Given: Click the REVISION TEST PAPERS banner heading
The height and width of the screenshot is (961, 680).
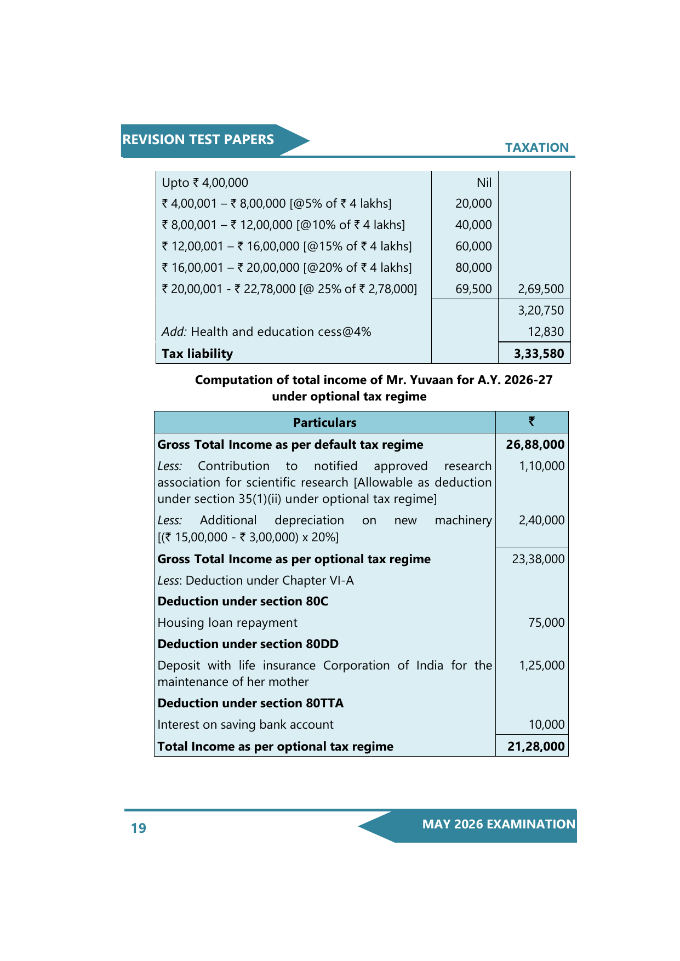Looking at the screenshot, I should [198, 140].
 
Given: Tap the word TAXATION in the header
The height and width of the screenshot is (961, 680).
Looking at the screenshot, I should [536, 147].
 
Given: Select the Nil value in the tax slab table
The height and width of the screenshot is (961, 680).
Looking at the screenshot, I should [484, 182].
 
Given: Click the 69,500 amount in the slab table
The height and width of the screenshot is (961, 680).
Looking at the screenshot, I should [473, 289].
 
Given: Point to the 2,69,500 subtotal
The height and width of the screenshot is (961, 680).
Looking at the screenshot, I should [540, 289].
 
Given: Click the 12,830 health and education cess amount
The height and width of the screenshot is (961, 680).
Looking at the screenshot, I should [545, 331].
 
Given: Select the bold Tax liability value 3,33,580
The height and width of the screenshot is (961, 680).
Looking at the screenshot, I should [539, 353].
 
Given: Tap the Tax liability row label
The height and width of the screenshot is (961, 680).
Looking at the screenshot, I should [197, 353].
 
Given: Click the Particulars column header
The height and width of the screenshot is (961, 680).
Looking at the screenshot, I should [324, 422].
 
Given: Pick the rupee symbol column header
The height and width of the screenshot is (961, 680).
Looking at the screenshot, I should [532, 421].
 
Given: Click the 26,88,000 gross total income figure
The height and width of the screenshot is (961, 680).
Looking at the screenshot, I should [535, 444].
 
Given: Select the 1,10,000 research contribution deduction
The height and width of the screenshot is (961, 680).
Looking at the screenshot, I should [541, 466].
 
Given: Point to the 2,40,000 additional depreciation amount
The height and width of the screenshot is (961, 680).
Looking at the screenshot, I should [541, 520].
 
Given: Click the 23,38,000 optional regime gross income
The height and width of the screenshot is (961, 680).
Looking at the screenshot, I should [538, 559].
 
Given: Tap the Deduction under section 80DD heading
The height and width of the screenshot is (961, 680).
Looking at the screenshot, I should [248, 644].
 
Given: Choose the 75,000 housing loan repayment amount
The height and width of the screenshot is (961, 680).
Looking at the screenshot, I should [546, 622].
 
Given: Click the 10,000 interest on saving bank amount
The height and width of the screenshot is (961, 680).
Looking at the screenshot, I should [546, 724].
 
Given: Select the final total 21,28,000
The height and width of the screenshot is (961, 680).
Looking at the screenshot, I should [535, 746].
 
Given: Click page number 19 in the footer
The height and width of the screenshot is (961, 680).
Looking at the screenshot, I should [139, 828].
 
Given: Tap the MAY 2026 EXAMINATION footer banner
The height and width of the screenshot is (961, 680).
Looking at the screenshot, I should [498, 824].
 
